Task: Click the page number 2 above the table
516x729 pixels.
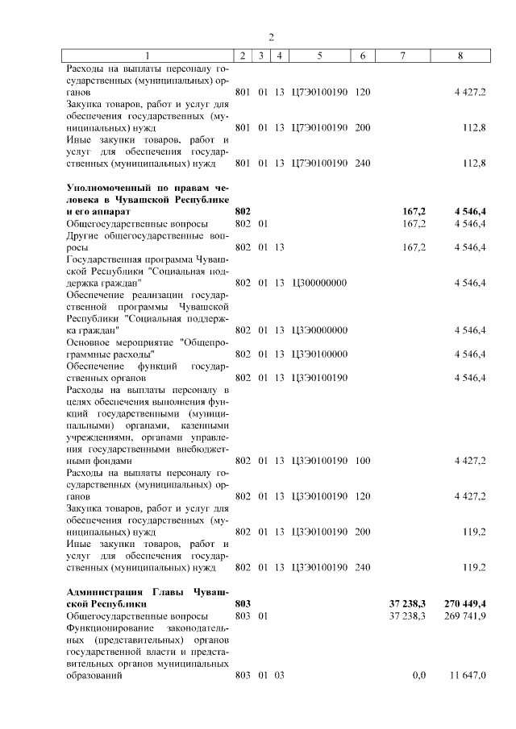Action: [x=272, y=37]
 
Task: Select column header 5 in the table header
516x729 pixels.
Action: [x=320, y=56]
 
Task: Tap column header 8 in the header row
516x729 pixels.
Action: [x=460, y=56]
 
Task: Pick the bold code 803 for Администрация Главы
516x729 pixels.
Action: [x=243, y=603]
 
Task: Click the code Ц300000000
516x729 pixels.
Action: [x=320, y=283]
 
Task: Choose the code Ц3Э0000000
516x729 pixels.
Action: [x=320, y=330]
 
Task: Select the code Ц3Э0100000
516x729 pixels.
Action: [x=320, y=354]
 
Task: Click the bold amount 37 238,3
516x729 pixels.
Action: [x=407, y=603]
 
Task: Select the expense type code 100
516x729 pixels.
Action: [x=362, y=461]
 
